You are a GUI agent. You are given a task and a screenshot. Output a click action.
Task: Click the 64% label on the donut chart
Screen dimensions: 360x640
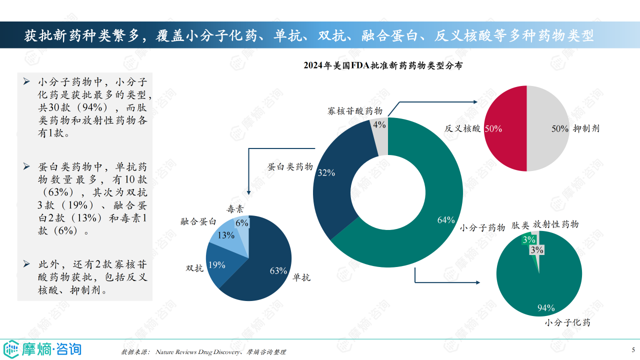(x=445, y=220)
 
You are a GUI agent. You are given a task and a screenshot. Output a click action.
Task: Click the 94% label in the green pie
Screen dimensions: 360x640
(x=546, y=308)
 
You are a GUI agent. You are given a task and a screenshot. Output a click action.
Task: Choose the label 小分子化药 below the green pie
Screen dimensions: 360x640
(x=567, y=322)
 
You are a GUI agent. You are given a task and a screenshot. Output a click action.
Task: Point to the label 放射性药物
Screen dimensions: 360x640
(x=555, y=224)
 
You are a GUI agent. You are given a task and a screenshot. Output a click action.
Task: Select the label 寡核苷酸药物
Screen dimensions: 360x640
(x=355, y=111)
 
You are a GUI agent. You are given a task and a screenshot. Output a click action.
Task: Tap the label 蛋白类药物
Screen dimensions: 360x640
(x=290, y=167)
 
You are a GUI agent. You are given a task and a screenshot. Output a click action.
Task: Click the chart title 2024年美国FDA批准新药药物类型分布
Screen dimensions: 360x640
(x=383, y=65)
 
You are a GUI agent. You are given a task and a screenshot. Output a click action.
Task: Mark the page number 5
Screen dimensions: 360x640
(x=633, y=349)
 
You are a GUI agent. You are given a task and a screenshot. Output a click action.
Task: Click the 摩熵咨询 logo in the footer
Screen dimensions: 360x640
(x=42, y=348)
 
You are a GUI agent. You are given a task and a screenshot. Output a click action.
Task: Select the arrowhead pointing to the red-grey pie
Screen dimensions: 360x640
(x=476, y=101)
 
